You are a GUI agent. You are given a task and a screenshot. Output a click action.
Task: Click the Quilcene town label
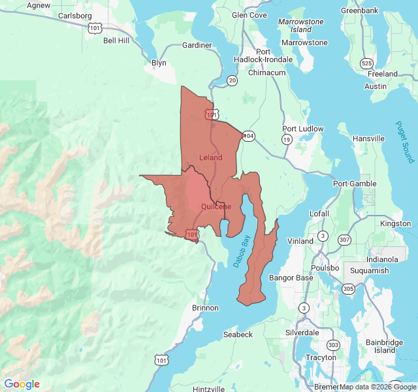tap(216, 206)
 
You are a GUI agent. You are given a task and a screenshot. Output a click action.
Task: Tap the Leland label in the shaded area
tap(210, 157)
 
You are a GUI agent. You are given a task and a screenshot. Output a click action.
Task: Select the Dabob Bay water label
tap(242, 252)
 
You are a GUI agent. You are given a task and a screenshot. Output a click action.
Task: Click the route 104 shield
tap(248, 136)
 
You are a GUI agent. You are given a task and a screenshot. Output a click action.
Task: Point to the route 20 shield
tap(233, 80)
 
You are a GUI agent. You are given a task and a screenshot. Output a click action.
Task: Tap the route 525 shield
tap(366, 63)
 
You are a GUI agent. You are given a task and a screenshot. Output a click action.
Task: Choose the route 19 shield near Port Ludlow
tap(286, 140)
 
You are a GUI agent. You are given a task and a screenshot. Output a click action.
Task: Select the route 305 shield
tap(348, 288)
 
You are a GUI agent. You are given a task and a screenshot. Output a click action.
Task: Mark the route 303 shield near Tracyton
tap(333, 345)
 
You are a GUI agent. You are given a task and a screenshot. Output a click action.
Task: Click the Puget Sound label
tap(404, 142)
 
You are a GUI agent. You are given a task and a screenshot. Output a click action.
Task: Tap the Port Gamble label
tap(354, 184)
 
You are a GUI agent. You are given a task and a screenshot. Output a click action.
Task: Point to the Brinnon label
tap(197, 307)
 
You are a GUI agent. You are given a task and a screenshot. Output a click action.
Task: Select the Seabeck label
tap(238, 335)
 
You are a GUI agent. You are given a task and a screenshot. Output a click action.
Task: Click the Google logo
tap(22, 384)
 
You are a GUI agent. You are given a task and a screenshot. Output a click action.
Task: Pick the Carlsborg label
tap(75, 16)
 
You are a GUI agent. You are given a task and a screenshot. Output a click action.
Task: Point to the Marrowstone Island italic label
tap(300, 25)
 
